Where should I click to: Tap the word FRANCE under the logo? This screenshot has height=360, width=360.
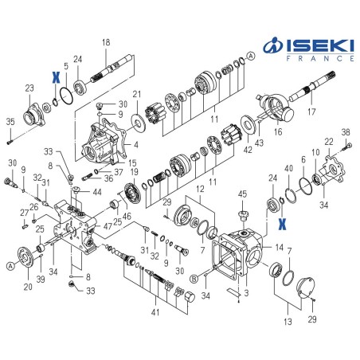[x=317, y=58]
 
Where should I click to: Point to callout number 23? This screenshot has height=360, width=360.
[x=29, y=88]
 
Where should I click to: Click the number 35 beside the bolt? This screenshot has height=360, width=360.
[x=10, y=121]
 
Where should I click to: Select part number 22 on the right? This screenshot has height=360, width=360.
[x=329, y=141]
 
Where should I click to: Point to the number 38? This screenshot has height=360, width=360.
[x=346, y=131]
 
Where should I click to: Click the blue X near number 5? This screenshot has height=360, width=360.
[x=55, y=77]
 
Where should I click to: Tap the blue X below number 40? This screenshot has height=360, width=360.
[x=282, y=224]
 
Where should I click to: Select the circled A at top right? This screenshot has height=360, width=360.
[x=251, y=56]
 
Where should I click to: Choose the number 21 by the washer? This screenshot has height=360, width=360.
[x=136, y=95]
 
